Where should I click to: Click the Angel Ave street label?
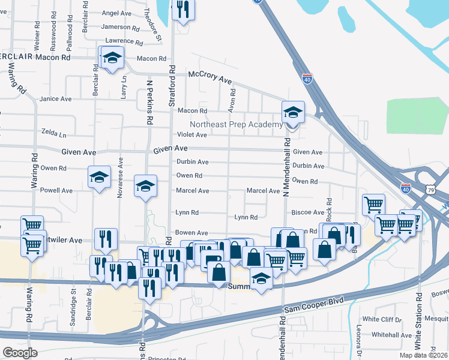pos(116,13)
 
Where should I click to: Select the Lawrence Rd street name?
pos(124,41)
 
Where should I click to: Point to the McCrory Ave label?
pos(209,77)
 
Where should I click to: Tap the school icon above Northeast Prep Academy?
pos(294,112)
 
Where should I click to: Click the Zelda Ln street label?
pos(53,131)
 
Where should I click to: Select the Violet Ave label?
pos(192,134)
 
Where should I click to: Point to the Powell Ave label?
pos(56,190)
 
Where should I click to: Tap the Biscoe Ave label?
pos(308,212)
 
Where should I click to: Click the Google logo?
pos(19,353)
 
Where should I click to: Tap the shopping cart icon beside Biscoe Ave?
pos(373,205)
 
